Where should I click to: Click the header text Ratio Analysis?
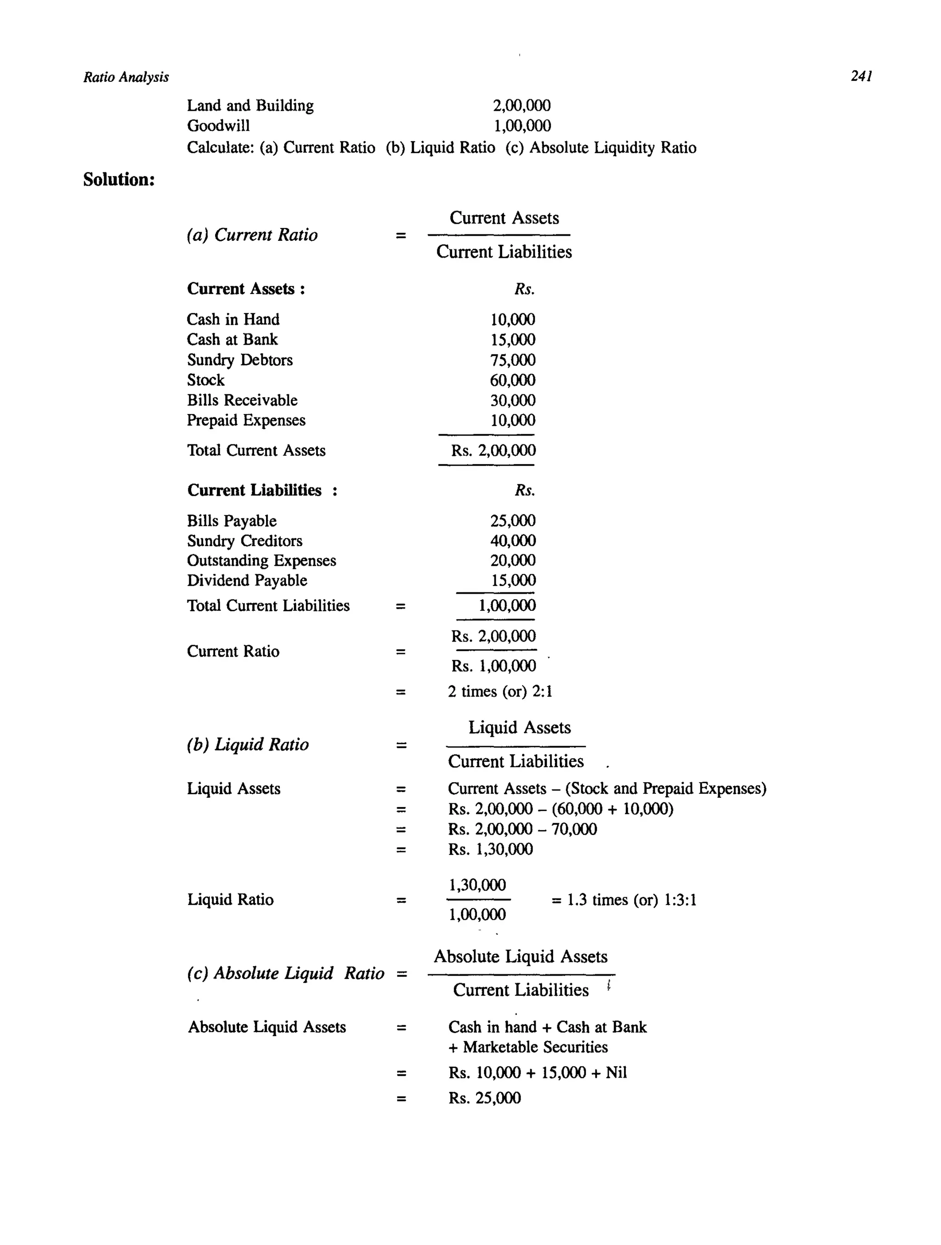[x=126, y=77]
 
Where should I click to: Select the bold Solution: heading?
[x=119, y=180]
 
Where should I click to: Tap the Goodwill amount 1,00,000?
[x=522, y=125]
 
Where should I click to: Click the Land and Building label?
[x=250, y=105]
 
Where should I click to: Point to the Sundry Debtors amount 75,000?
[x=512, y=360]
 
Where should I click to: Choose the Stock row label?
[x=205, y=380]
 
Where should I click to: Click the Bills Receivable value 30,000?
[x=512, y=400]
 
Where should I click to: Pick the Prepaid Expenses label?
[x=246, y=421]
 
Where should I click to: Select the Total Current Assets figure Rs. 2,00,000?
[x=493, y=450]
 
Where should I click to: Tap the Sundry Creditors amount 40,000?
[x=512, y=541]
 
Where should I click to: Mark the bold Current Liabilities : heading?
[x=262, y=490]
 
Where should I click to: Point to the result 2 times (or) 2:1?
[x=500, y=691]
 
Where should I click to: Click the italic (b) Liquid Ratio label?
[x=248, y=745]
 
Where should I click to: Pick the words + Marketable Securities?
[x=528, y=1047]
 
